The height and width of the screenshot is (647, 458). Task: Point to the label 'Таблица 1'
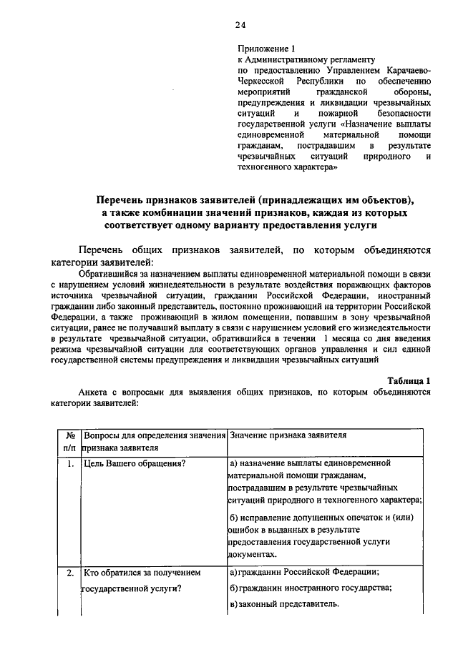(x=408, y=381)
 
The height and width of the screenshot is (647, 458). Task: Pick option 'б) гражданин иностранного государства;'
(x=311, y=588)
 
